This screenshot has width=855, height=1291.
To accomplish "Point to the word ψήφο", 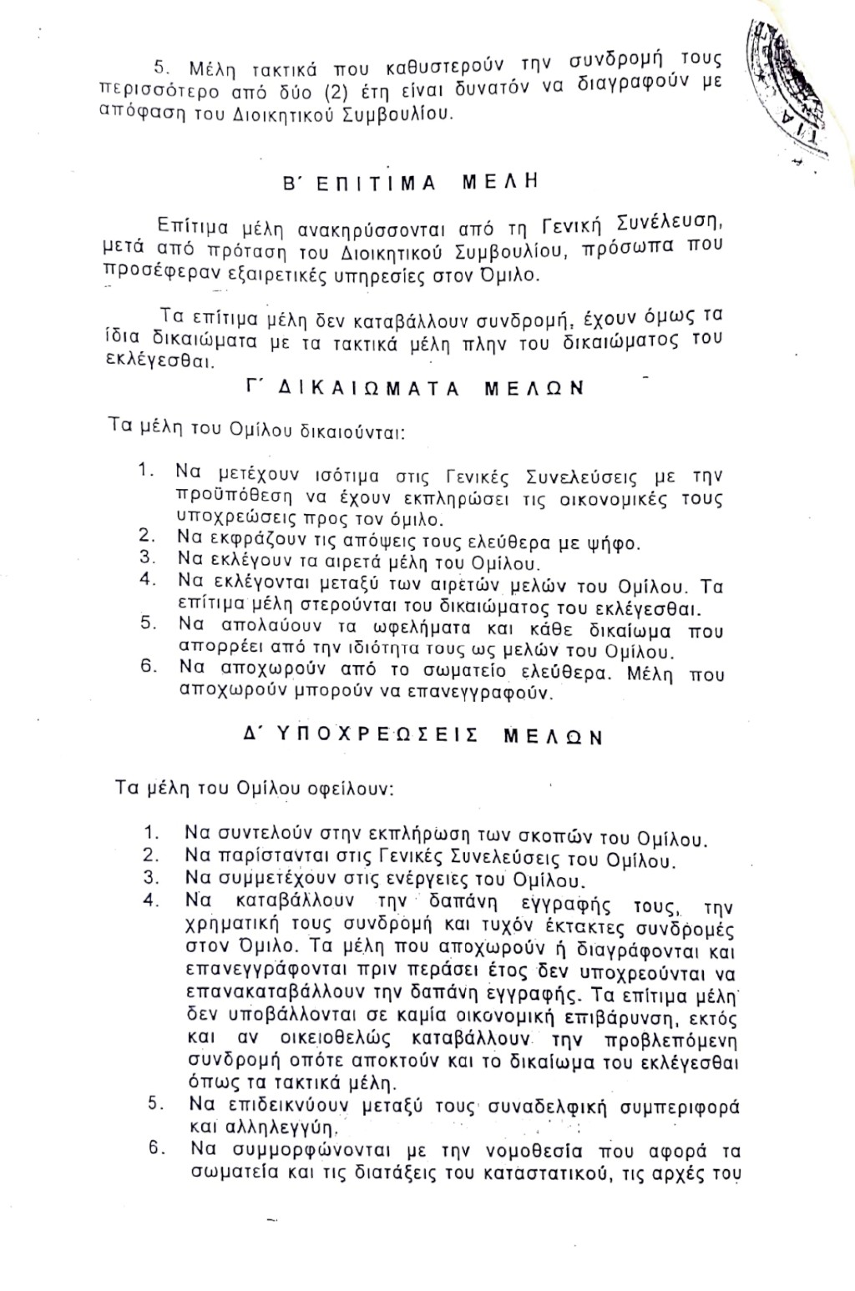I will [610, 542].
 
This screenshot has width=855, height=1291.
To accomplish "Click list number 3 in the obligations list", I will [151, 877].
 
